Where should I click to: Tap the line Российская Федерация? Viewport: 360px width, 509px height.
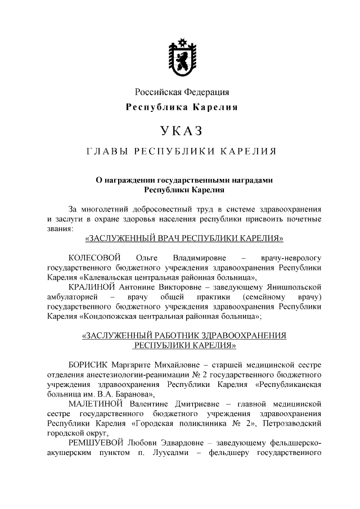coord(181,92)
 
